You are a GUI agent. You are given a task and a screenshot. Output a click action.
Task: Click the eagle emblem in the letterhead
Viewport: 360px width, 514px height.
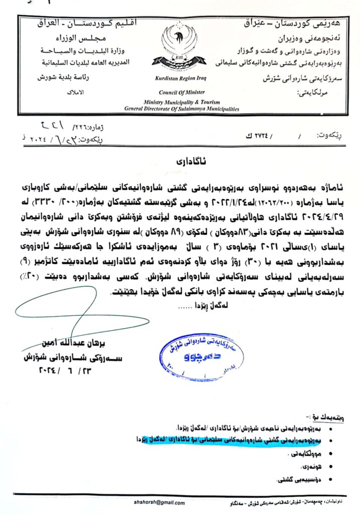(x=183, y=47)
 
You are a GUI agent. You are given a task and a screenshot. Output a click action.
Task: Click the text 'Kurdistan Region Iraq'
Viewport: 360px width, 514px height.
(x=181, y=79)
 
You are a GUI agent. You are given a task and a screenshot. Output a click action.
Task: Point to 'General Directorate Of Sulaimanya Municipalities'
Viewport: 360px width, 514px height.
(x=181, y=108)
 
